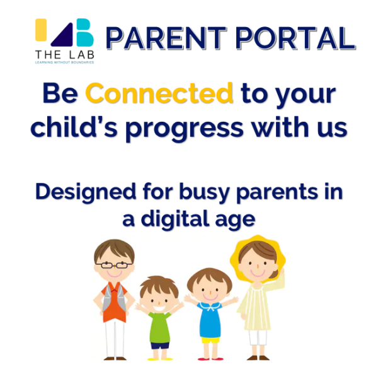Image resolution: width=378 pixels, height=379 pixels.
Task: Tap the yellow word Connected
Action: (x=159, y=95)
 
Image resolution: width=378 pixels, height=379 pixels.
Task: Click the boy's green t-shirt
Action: (x=160, y=326)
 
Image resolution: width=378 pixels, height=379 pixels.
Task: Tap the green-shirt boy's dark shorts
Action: (x=160, y=345)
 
